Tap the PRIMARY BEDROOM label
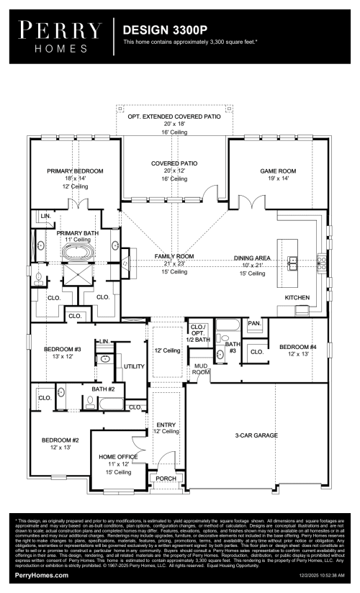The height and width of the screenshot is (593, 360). [76, 171]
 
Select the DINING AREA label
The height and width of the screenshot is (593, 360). [252, 258]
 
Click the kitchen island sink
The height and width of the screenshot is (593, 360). [293, 261]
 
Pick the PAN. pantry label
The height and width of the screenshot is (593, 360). [253, 324]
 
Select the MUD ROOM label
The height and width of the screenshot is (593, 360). [201, 369]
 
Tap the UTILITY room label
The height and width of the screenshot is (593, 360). [134, 366]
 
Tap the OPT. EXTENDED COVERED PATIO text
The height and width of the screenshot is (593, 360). [174, 116]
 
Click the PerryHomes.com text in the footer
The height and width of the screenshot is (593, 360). [42, 576]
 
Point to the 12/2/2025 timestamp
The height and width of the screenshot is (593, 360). [310, 576]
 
